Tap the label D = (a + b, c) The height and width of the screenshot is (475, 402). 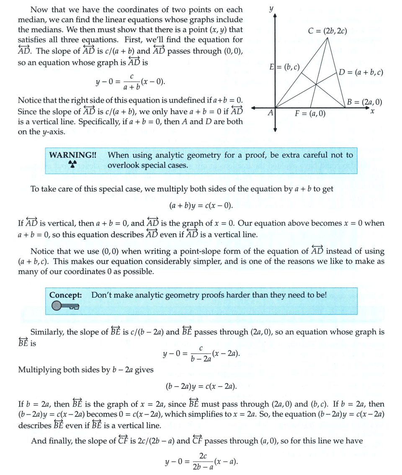[361, 72]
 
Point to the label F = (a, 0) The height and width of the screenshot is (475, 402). [310, 114]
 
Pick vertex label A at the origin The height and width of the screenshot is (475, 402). [271, 113]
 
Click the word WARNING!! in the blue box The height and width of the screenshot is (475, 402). [72, 155]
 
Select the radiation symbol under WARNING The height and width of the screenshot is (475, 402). [73, 165]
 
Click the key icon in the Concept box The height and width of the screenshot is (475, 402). [65, 307]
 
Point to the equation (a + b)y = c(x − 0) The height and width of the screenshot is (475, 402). [201, 206]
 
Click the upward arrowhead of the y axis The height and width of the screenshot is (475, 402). [275, 16]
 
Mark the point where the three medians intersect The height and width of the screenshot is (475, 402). [315, 85]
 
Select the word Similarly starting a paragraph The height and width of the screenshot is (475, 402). [47, 332]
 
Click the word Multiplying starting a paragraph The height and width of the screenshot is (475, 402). [40, 370]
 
